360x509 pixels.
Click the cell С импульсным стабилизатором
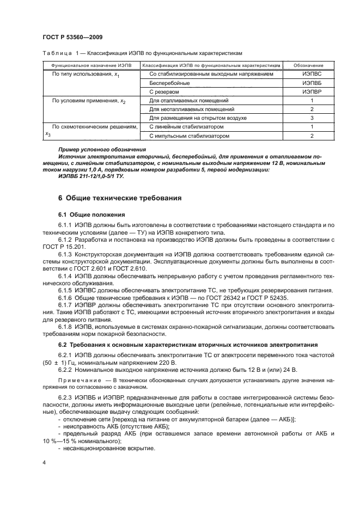[x=189, y=136]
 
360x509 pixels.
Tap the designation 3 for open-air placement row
[x=312, y=118]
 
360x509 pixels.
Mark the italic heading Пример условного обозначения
[x=99, y=149]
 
